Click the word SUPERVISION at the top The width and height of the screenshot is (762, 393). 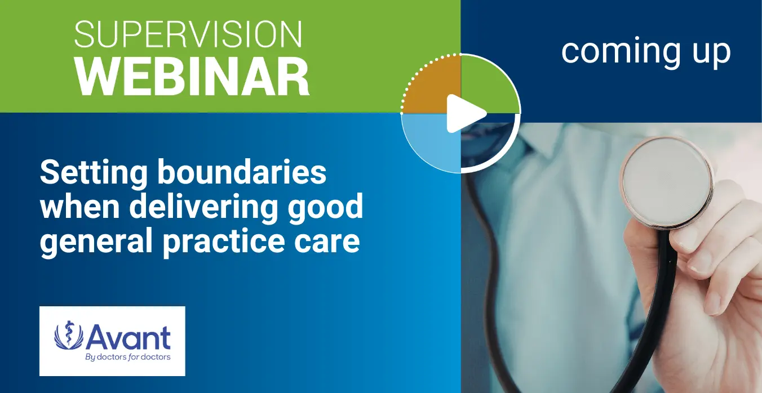click(188, 34)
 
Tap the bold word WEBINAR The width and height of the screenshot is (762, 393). click(192, 77)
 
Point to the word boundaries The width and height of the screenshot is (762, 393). click(242, 172)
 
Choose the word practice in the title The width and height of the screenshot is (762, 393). click(224, 242)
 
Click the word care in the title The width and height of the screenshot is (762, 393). click(327, 243)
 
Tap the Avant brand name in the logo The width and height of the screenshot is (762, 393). click(129, 337)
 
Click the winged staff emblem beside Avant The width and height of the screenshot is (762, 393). click(69, 335)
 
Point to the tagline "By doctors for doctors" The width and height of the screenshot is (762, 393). click(128, 357)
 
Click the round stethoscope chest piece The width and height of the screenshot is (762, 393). click(667, 182)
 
